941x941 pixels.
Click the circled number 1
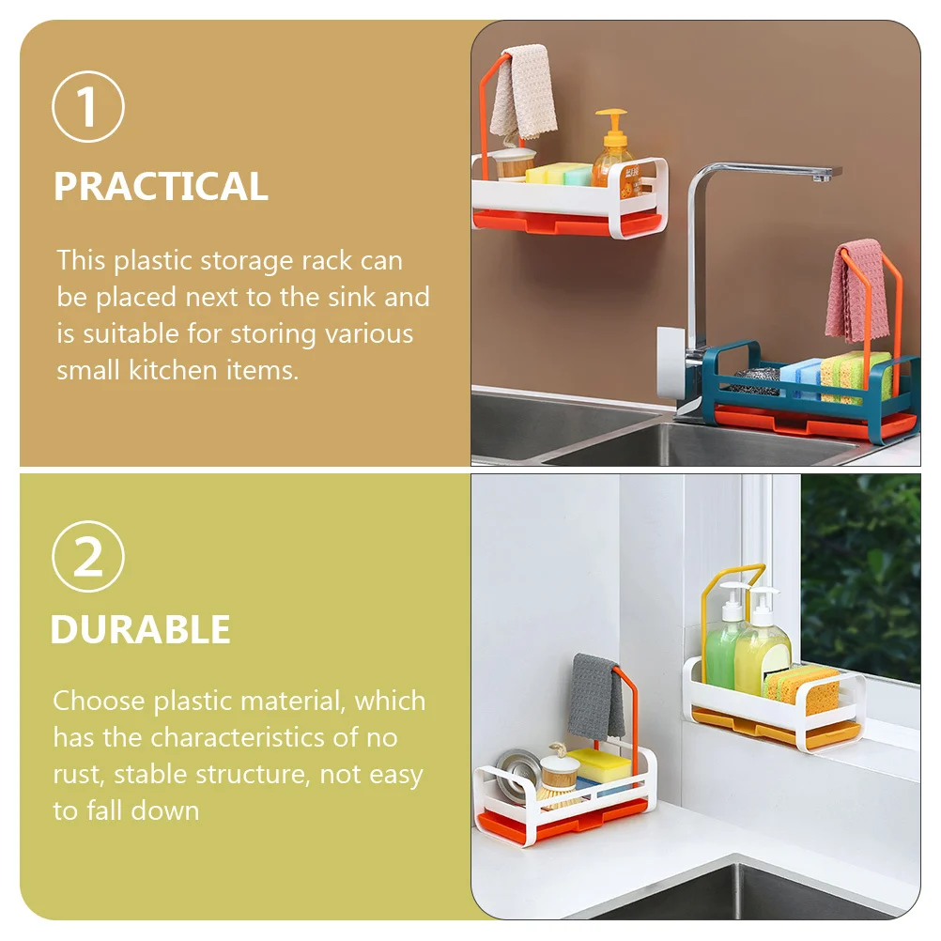click(88, 106)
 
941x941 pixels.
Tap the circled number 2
click(88, 556)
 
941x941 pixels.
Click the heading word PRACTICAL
click(161, 186)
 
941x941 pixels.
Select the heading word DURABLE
click(141, 629)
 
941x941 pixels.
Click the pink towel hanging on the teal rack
click(856, 291)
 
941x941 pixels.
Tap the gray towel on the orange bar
click(595, 696)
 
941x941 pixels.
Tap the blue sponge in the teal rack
click(799, 378)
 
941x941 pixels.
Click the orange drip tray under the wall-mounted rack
click(568, 222)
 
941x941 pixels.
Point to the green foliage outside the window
click(860, 576)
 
